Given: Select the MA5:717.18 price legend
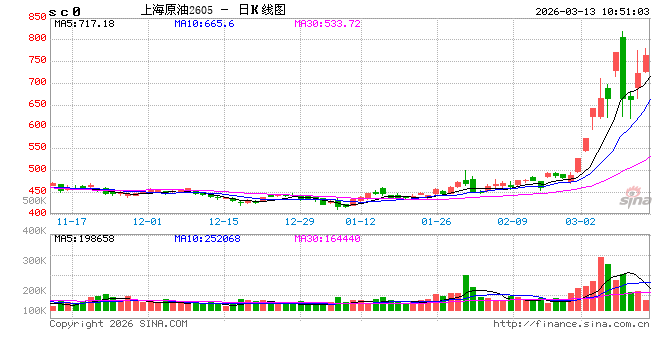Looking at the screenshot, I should (x=84, y=23).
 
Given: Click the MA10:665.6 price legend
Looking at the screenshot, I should (x=207, y=23).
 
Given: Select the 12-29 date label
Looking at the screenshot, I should (x=300, y=221).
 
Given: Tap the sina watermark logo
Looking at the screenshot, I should (x=630, y=202).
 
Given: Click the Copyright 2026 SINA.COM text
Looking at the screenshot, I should (x=118, y=324).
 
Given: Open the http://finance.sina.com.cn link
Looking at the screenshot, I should (x=570, y=324).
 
